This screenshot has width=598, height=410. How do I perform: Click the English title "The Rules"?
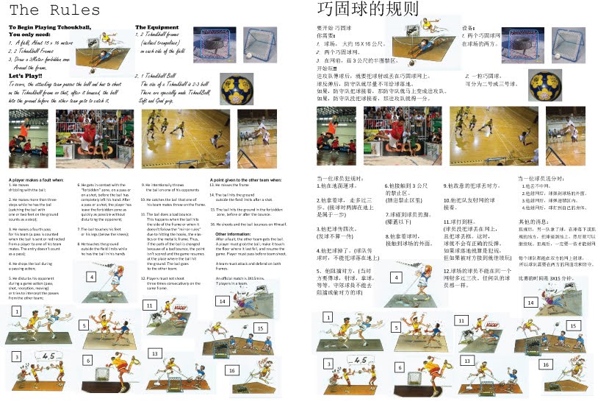(56, 10)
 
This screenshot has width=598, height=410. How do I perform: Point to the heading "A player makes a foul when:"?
(40, 179)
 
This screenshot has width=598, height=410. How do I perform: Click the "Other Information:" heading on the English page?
(233, 234)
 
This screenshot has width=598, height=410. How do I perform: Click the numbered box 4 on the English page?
(90, 277)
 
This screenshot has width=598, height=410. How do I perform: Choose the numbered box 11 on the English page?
(148, 304)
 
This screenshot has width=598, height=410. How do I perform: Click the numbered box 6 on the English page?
(87, 361)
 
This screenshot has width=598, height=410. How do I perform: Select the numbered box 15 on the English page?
(260, 328)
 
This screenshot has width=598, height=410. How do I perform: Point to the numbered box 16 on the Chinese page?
(545, 364)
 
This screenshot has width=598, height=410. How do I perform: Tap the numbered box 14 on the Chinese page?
(530, 303)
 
